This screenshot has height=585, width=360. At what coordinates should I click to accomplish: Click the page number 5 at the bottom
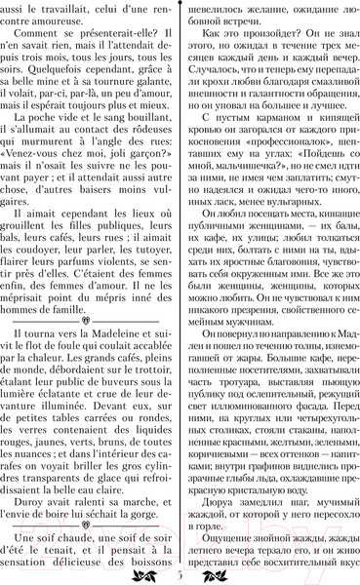click(180, 575)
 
